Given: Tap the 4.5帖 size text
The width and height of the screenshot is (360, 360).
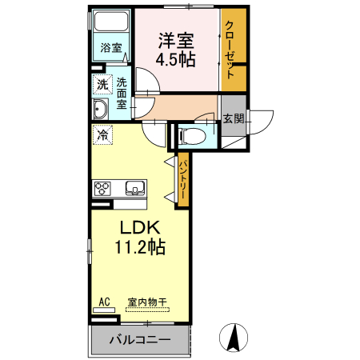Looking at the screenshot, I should click(176, 60).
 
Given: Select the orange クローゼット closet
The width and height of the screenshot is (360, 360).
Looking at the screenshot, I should click(232, 50).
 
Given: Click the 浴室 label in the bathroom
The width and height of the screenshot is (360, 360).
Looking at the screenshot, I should click(110, 48).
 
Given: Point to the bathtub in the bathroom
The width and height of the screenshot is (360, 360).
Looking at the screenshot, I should click(110, 22).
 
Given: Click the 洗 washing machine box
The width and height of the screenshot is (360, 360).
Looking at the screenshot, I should click(102, 85).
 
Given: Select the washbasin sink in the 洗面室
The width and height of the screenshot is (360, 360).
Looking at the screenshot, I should click(102, 109).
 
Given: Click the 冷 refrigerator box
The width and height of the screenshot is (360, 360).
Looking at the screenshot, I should click(102, 135).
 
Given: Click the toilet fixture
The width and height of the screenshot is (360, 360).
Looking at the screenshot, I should click(194, 135).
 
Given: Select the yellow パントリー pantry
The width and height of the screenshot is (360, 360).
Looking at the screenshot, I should click(182, 179).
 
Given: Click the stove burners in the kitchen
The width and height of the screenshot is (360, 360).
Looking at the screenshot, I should click(103, 189).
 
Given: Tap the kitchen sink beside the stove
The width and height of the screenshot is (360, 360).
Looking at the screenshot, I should click(134, 189).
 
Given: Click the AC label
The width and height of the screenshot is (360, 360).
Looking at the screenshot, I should click(103, 302).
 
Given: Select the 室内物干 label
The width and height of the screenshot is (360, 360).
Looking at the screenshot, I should click(147, 302).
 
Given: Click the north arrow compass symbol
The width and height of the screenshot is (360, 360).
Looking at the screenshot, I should click(234, 336).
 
